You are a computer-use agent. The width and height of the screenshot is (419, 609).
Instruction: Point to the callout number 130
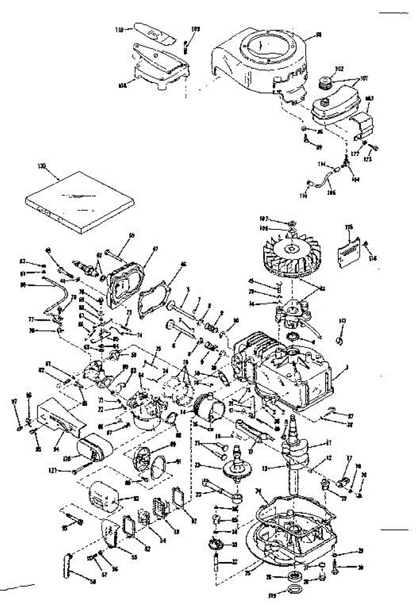[42, 166]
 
